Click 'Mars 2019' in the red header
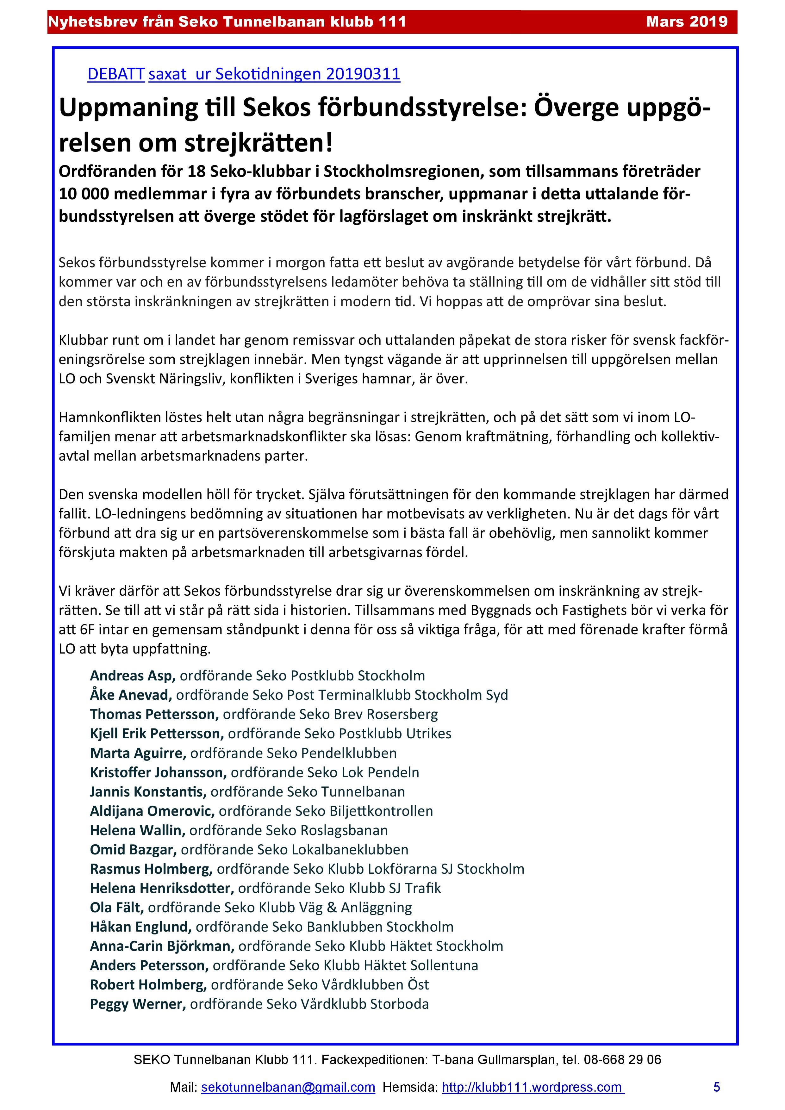[x=686, y=22]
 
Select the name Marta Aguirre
[x=137, y=753]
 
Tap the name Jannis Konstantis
[x=147, y=791]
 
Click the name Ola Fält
[x=116, y=908]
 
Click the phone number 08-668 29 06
[x=622, y=1060]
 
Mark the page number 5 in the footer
[x=716, y=1087]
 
